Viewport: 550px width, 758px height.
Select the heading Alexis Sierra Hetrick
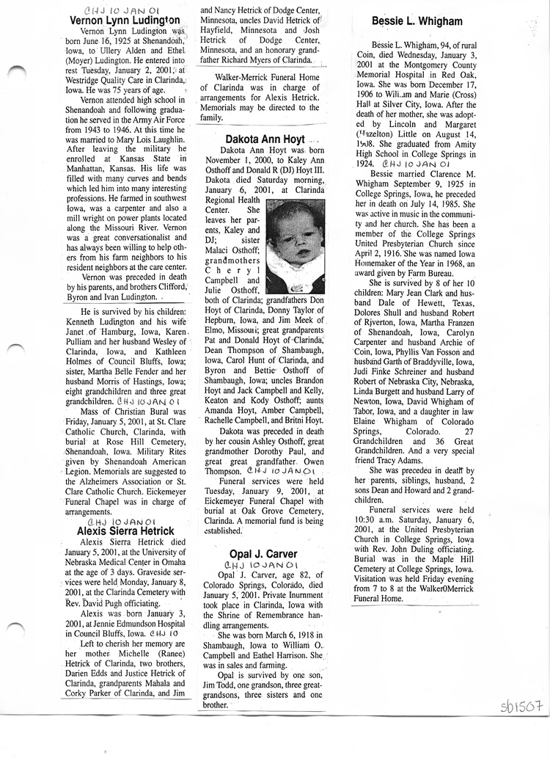(126, 531)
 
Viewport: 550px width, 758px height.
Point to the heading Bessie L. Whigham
(417, 21)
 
